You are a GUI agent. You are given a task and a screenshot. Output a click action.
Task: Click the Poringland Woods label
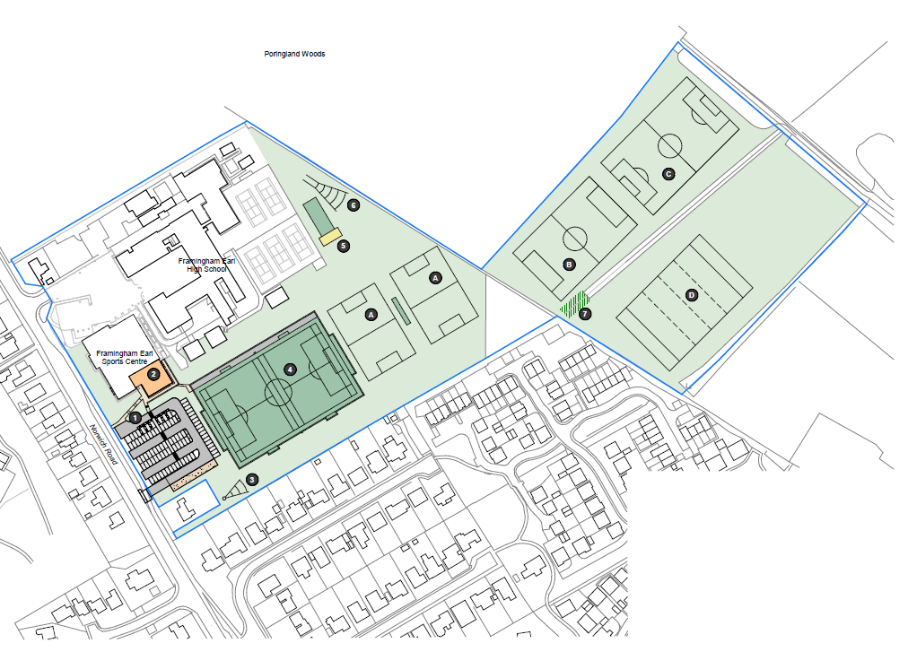point(294,54)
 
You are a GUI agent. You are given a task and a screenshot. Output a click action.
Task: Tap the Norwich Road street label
point(104,445)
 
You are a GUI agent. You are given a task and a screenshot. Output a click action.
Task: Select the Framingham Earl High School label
point(206,265)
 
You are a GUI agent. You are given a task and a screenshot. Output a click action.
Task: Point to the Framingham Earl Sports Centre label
point(125,357)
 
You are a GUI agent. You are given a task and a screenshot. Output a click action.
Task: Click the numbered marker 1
point(135,418)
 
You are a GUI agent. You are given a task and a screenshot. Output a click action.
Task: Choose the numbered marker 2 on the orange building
point(153,374)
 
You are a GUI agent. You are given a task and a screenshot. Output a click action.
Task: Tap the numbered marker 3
point(252,480)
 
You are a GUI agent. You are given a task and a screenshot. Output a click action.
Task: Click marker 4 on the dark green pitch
point(291,369)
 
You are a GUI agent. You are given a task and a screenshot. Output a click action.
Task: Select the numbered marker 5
point(344,246)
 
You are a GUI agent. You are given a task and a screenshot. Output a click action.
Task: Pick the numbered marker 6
point(354,205)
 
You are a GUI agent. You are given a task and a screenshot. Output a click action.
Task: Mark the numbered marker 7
point(585,314)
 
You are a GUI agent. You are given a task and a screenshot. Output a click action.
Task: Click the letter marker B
point(569,265)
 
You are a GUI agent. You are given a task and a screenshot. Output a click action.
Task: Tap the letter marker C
point(668,174)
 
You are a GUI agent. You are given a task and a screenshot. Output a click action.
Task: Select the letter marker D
point(692,295)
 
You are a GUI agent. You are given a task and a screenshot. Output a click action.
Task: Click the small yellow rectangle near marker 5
point(330,236)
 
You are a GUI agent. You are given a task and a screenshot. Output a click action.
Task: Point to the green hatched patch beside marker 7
point(574,305)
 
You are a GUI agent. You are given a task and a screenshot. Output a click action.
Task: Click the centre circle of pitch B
point(575,227)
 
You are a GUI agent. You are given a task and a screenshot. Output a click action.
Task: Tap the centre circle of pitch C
point(670,134)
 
